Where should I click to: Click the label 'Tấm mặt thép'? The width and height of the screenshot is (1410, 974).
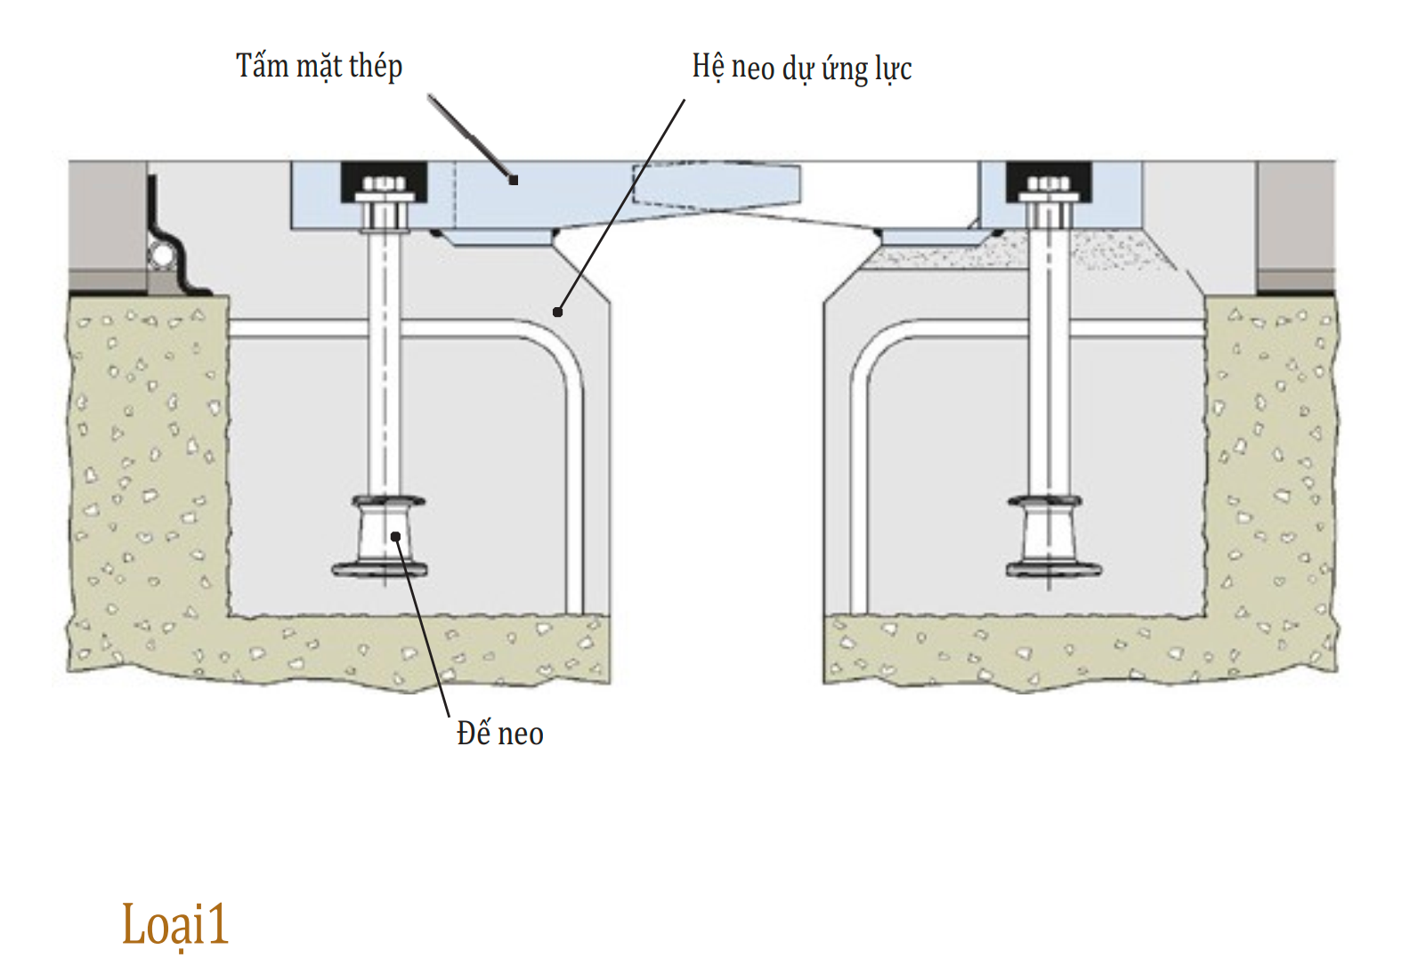pyautogui.click(x=320, y=66)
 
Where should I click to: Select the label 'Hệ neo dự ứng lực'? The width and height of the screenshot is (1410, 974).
pyautogui.click(x=802, y=68)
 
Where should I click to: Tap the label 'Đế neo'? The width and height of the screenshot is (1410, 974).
pyautogui.click(x=499, y=733)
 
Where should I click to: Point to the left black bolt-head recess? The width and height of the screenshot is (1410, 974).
pyautogui.click(x=384, y=182)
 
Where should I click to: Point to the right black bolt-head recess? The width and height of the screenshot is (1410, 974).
pyautogui.click(x=1049, y=182)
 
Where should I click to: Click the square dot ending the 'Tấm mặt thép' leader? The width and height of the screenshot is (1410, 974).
pyautogui.click(x=514, y=180)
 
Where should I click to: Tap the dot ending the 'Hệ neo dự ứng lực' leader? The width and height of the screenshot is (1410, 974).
pyautogui.click(x=558, y=312)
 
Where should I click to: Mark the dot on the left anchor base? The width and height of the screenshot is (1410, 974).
pyautogui.click(x=395, y=537)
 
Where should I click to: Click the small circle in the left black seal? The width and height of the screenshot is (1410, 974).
pyautogui.click(x=162, y=256)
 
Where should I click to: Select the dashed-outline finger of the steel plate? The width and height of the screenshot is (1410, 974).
pyautogui.click(x=717, y=186)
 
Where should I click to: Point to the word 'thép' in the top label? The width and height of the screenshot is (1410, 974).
pyautogui.click(x=375, y=67)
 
